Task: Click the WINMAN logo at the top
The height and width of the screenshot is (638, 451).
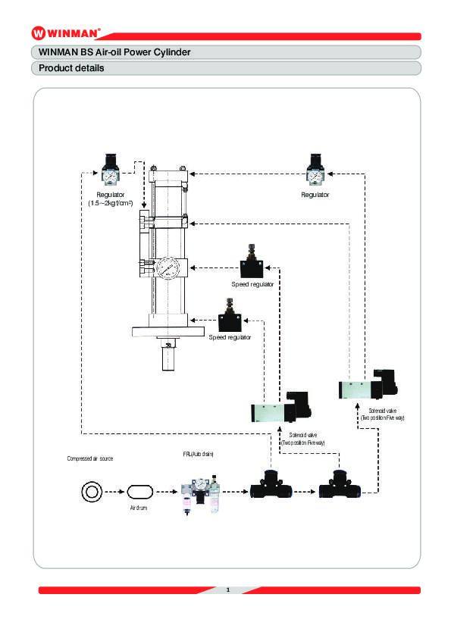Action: (65, 33)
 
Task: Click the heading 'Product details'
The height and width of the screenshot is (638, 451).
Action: (71, 68)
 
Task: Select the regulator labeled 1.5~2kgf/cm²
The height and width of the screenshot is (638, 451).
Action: (111, 169)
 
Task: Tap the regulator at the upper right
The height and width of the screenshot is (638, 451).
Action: (315, 169)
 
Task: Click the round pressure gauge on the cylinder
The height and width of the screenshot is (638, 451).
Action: (168, 268)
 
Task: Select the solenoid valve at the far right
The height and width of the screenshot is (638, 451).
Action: (368, 384)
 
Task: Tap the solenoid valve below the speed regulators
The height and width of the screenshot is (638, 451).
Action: (281, 408)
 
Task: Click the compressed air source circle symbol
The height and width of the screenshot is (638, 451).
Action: (91, 492)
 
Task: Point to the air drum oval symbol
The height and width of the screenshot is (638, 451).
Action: (140, 492)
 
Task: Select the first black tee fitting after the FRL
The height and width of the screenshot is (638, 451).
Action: (271, 484)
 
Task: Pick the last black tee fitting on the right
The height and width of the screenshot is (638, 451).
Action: (340, 484)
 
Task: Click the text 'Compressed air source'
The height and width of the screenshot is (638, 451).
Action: (90, 458)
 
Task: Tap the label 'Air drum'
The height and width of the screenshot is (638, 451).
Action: (139, 508)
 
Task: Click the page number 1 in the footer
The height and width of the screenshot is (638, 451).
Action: (228, 590)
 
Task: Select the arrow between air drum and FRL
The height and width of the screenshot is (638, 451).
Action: (167, 492)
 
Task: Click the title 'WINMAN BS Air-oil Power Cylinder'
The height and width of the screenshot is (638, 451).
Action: (114, 52)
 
